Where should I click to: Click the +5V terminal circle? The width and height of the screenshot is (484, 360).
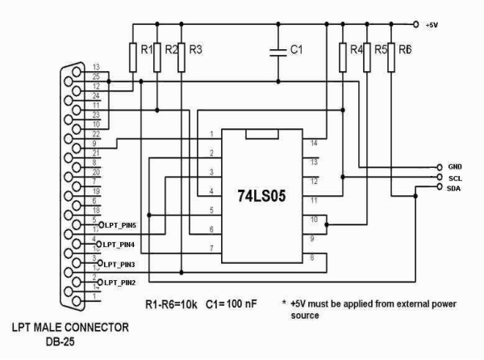pyautogui.click(x=415, y=23)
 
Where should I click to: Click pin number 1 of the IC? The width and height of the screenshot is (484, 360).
pyautogui.click(x=212, y=134)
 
